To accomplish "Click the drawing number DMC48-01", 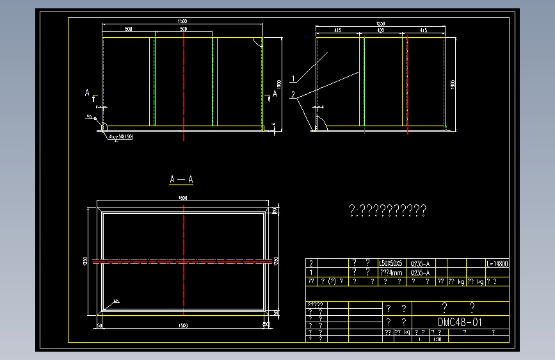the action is [x=460, y=322].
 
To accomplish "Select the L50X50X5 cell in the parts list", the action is [x=391, y=263].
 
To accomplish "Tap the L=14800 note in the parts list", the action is [x=497, y=263].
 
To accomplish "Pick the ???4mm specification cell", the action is [x=391, y=272].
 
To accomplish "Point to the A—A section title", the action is [x=181, y=179].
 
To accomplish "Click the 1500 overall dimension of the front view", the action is [x=182, y=22].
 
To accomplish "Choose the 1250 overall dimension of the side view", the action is [x=380, y=24].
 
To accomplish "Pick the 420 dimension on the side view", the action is [x=380, y=30].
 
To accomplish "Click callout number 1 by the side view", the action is [x=293, y=79].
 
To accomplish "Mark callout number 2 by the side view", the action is [x=293, y=94].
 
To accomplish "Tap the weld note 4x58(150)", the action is [x=121, y=137].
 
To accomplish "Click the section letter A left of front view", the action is [x=88, y=94].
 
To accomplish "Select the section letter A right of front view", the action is [x=275, y=94].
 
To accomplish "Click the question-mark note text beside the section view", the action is [x=387, y=209].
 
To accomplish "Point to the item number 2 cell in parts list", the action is [x=311, y=263].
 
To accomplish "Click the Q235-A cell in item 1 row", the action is [x=419, y=272].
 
